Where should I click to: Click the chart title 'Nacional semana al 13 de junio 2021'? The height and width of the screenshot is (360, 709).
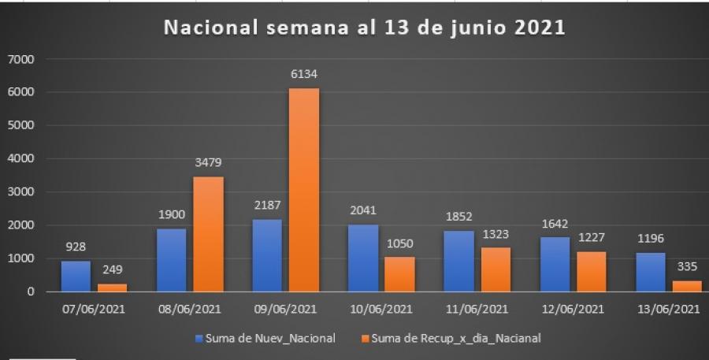pos(364,28)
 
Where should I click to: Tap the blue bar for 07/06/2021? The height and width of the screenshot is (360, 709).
pos(76,276)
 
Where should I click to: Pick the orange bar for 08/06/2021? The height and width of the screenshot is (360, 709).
pos(207,234)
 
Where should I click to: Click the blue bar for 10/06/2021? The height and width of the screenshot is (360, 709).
pos(362,258)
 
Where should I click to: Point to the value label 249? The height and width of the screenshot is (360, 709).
pos(111,270)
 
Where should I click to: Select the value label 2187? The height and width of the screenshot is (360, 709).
pos(267,206)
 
